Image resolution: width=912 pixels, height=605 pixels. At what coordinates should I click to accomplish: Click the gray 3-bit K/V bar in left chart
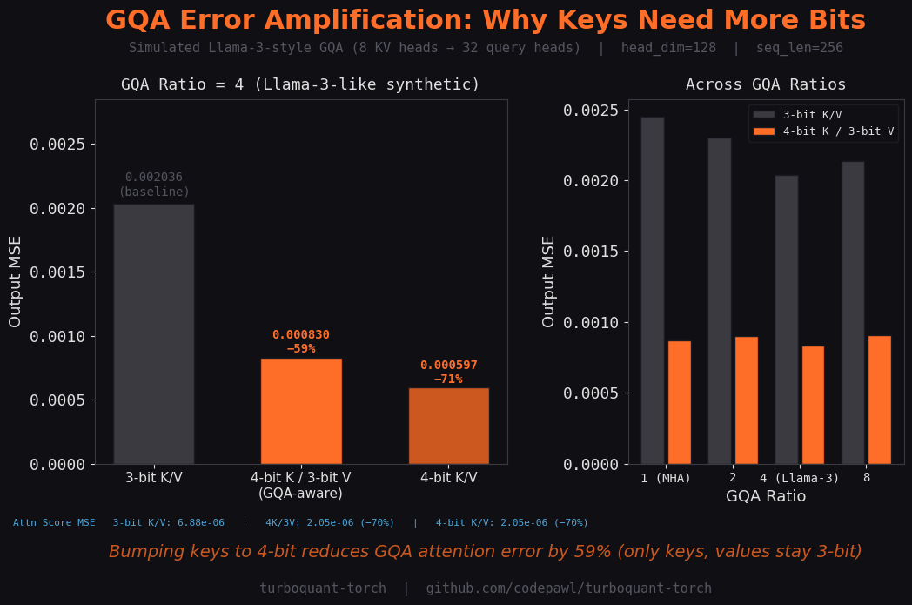(154, 334)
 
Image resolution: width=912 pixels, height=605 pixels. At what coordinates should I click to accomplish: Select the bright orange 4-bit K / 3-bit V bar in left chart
(301, 411)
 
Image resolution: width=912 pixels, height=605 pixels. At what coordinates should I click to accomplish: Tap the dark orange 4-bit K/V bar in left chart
(448, 426)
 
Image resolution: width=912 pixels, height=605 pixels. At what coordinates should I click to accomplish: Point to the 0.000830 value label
(301, 335)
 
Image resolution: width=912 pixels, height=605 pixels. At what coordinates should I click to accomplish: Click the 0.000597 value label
(448, 366)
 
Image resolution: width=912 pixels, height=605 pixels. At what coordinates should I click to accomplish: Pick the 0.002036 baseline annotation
(154, 178)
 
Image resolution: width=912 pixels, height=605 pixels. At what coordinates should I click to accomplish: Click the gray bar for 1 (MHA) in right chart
(653, 291)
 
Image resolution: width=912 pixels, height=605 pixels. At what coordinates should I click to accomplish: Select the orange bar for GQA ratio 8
(880, 400)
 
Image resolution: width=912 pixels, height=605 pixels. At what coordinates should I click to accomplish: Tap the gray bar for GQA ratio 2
(720, 301)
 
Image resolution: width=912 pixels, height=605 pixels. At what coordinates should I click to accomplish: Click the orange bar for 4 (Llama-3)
(813, 405)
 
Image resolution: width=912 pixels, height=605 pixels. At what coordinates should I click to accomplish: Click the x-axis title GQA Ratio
(766, 496)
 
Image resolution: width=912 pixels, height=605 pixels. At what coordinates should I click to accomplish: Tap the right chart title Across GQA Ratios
(766, 84)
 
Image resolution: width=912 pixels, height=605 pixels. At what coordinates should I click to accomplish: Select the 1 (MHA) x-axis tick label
(666, 478)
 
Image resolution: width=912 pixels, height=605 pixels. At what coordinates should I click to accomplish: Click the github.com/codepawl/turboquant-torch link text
(568, 588)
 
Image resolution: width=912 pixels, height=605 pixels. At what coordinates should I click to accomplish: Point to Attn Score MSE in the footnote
(54, 522)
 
